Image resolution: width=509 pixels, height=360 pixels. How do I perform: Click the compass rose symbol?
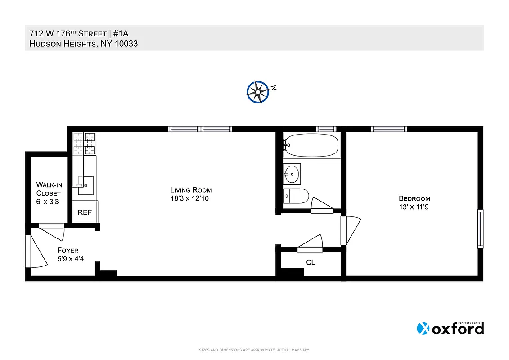tap(258, 91)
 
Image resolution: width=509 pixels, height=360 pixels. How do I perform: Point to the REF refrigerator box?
tap(85, 212)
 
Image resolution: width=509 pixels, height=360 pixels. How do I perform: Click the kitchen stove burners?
tap(85, 144)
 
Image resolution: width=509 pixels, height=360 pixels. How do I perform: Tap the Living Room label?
tap(191, 190)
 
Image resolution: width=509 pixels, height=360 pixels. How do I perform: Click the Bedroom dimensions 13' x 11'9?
tap(414, 207)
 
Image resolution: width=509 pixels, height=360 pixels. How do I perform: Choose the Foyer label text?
tap(68, 251)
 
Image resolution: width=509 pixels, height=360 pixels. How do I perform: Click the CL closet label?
tap(310, 262)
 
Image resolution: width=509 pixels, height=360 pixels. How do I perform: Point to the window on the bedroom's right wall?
tap(480, 229)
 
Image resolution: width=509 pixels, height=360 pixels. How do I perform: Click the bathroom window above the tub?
tap(326, 129)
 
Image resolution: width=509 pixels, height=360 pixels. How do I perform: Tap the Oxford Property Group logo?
tap(450, 328)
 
